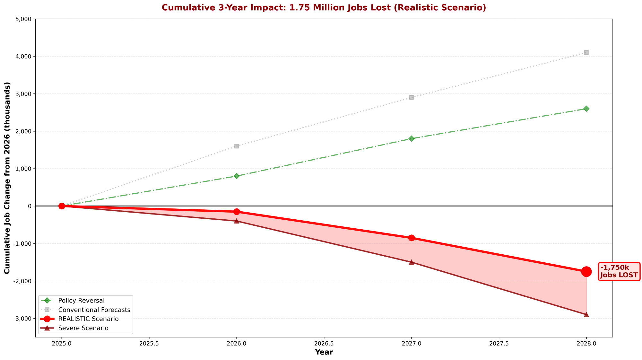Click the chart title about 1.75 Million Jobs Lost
[324, 8]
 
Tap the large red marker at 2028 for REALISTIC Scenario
[586, 271]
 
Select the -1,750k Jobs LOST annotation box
[619, 271]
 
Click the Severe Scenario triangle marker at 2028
[586, 314]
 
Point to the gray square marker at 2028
[586, 52]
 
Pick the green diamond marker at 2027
[411, 138]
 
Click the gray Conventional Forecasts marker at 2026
[237, 146]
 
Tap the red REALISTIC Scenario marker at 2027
[411, 238]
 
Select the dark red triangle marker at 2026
[237, 221]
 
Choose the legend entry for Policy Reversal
[81, 301]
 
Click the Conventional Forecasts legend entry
[94, 310]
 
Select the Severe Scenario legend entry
[83, 328]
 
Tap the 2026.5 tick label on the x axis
[324, 343]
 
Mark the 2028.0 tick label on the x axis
[586, 343]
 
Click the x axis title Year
[324, 352]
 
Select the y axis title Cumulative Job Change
[7, 178]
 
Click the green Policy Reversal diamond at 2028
[586, 109]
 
